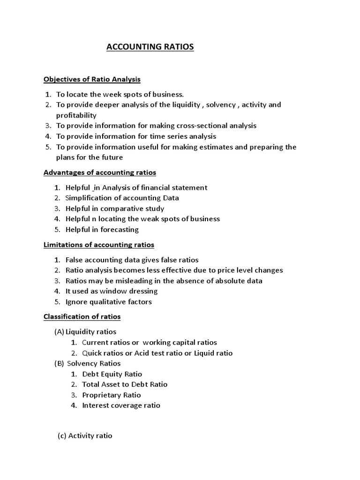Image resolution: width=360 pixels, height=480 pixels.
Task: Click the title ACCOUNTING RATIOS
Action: point(150,47)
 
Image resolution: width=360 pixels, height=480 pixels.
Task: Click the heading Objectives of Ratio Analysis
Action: point(92,79)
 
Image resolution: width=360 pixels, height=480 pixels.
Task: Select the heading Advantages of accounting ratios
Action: point(100,172)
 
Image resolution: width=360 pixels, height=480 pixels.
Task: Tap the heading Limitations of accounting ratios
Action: point(99,245)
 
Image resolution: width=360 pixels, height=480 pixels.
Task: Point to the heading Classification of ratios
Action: point(82,317)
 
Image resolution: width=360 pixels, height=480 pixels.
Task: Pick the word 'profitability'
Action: point(76,115)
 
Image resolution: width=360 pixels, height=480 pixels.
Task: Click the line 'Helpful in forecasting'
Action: point(102,230)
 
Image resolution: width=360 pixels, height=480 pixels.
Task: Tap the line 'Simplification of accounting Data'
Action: point(122,198)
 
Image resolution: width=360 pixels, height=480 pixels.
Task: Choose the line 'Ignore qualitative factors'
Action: point(109,302)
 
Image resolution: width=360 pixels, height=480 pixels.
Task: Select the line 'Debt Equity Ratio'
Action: point(112,374)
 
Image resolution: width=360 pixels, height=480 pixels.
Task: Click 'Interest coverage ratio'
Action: point(121,405)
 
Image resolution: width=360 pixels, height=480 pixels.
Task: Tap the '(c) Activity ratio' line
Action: point(85,435)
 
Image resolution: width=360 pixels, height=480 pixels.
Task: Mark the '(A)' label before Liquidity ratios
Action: point(59,332)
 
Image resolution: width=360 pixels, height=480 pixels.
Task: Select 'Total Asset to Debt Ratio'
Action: point(125,384)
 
